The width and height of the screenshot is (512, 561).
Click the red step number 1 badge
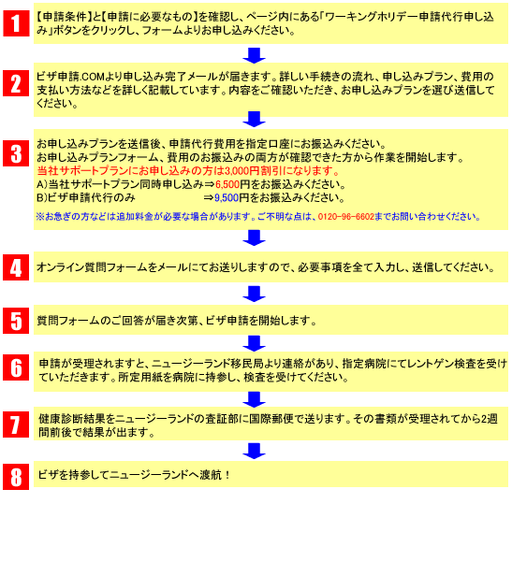click(x=16, y=23)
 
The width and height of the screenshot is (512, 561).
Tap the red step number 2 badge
click(x=16, y=83)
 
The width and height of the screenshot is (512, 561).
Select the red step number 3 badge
click(x=16, y=153)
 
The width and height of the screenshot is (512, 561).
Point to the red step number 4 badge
click(x=16, y=267)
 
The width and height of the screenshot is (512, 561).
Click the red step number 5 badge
click(x=16, y=321)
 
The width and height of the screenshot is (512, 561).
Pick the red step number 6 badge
click(x=16, y=367)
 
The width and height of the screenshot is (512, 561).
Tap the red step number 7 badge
click(x=16, y=424)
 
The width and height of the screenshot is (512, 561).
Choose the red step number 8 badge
click(x=16, y=477)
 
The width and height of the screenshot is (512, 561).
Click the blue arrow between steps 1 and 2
click(x=254, y=55)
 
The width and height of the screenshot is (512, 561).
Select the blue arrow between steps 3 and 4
click(x=254, y=237)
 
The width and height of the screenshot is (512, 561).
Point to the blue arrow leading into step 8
click(x=254, y=451)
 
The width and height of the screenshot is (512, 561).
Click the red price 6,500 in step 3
click(x=227, y=184)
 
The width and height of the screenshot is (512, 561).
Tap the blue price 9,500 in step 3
click(x=227, y=198)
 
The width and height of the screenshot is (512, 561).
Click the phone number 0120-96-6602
click(x=345, y=217)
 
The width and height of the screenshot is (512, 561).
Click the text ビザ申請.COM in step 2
click(x=70, y=77)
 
